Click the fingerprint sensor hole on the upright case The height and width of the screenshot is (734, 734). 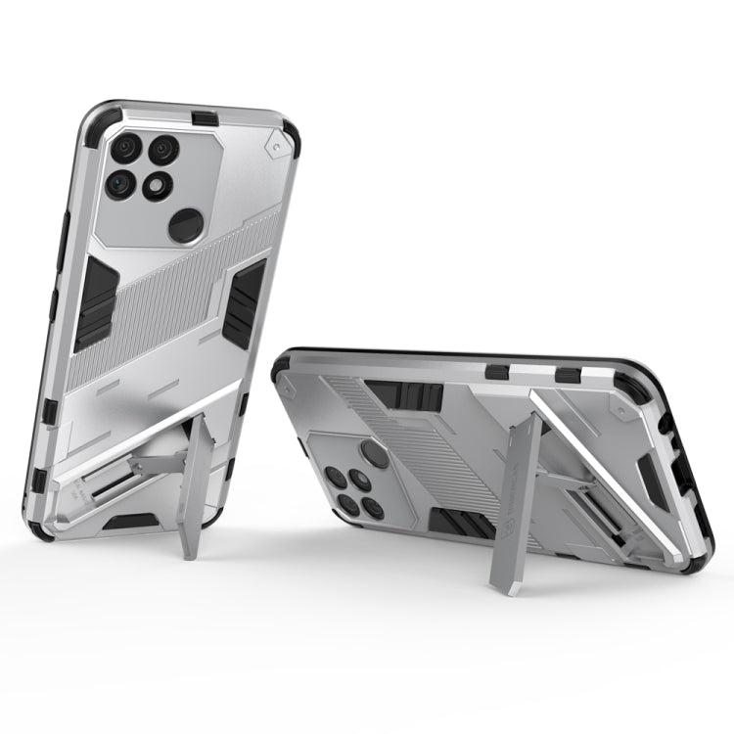click(x=184, y=225)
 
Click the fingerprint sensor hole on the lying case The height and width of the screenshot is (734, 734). click(x=375, y=451)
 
